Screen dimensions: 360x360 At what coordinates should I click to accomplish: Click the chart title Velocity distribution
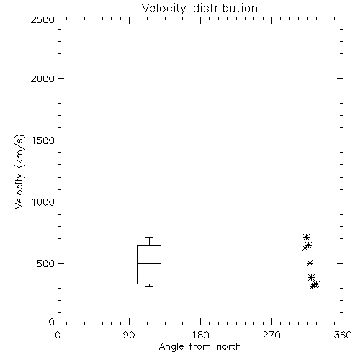[199, 9]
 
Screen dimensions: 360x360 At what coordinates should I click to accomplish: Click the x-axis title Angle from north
[199, 346]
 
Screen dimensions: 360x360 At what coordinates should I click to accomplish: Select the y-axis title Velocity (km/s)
[19, 171]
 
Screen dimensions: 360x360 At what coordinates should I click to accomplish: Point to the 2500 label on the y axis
[42, 19]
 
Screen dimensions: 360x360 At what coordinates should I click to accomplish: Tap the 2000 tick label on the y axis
[42, 78]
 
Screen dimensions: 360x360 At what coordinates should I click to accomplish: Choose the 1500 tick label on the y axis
[43, 140]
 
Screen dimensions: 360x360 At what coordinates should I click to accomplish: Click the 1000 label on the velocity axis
[43, 202]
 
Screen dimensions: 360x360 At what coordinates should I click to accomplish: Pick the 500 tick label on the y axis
[45, 264]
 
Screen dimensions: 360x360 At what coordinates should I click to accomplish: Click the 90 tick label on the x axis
[129, 335]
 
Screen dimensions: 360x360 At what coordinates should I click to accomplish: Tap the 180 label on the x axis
[199, 335]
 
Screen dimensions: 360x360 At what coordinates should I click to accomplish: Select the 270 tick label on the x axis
[271, 335]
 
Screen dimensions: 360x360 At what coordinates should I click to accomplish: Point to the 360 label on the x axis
[343, 335]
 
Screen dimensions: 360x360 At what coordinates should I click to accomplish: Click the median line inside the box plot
[149, 264]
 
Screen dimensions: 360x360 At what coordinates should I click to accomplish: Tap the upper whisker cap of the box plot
[149, 238]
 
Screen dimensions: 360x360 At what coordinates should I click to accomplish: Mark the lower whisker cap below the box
[149, 286]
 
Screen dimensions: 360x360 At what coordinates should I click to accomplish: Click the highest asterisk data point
[306, 238]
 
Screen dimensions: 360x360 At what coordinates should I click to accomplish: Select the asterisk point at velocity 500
[310, 264]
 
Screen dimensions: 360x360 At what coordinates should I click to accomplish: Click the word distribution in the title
[225, 8]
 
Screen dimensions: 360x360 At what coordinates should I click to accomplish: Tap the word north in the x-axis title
[229, 346]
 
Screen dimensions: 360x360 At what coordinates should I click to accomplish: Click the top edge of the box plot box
[149, 245]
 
